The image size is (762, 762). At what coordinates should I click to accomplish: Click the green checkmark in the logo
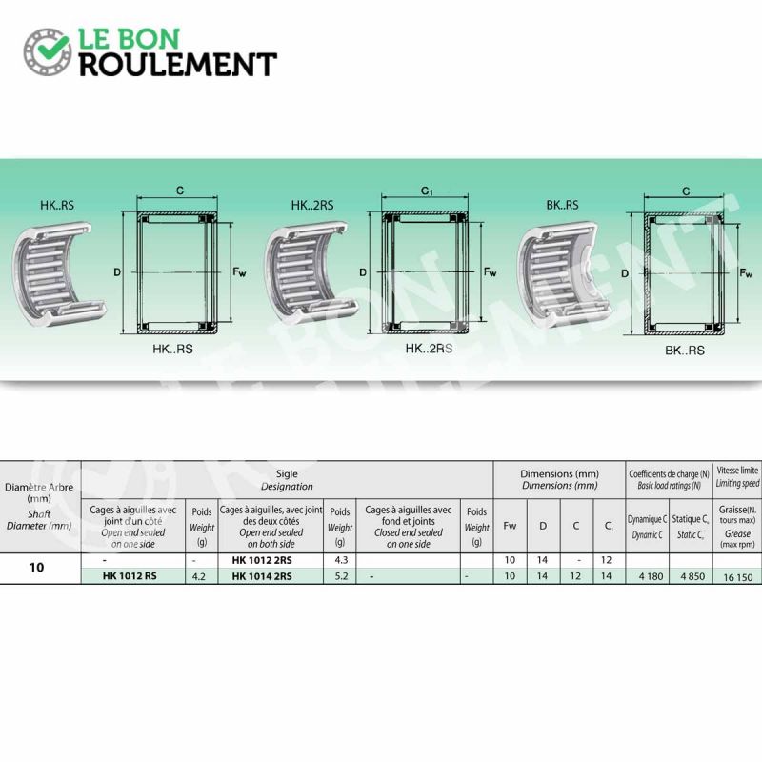52,47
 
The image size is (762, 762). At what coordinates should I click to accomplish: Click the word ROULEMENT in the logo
178,65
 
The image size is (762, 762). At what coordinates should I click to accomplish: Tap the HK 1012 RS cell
130,576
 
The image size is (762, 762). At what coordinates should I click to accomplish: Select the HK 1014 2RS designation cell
262,576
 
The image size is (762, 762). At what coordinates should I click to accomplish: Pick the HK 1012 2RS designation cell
262,560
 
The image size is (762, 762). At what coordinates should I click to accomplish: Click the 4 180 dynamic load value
652,576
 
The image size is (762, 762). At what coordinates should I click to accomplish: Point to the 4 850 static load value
692,576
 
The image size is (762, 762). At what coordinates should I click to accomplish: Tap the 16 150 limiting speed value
737,577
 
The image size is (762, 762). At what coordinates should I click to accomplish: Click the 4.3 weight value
341,560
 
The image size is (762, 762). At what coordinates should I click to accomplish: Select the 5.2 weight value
341,576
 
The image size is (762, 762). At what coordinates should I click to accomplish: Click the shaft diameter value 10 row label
36,567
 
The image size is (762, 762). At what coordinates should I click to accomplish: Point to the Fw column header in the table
510,526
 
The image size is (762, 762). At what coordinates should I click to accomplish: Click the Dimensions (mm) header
559,479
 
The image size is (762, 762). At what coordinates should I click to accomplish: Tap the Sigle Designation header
287,480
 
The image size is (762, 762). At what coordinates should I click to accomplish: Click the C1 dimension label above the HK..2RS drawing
427,191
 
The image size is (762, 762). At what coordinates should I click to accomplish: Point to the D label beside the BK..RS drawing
625,273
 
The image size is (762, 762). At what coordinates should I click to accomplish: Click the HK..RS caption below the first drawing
172,349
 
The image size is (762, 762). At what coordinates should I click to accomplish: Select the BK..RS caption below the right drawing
684,351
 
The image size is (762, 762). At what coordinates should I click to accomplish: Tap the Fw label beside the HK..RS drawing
239,272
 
